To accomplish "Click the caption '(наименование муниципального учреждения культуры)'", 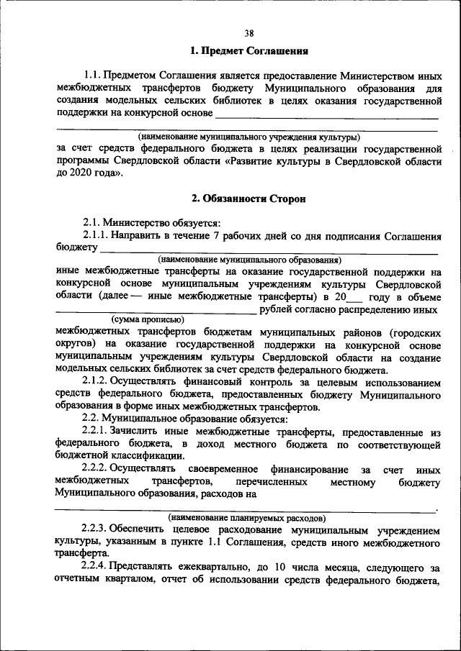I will (x=249, y=137).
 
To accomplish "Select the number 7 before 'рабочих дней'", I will (x=217, y=235).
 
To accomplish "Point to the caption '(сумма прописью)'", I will (x=147, y=319).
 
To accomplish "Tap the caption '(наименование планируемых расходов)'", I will (x=247, y=517).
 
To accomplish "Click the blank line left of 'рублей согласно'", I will (x=155, y=311).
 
